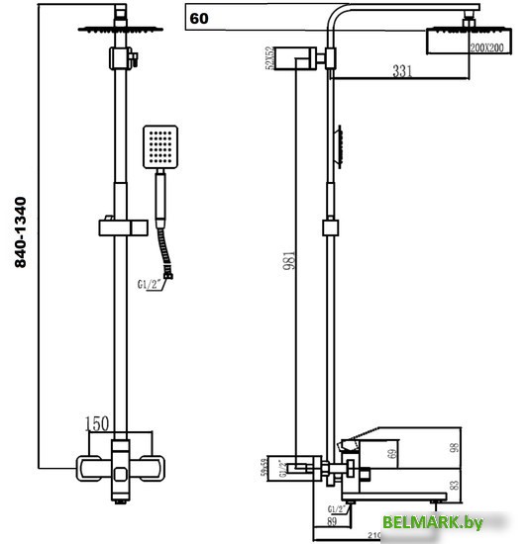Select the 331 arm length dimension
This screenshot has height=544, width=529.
[x=372, y=72]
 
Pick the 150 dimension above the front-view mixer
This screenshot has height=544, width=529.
[x=97, y=424]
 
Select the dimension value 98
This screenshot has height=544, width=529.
[x=482, y=450]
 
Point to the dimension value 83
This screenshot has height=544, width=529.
[x=482, y=485]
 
